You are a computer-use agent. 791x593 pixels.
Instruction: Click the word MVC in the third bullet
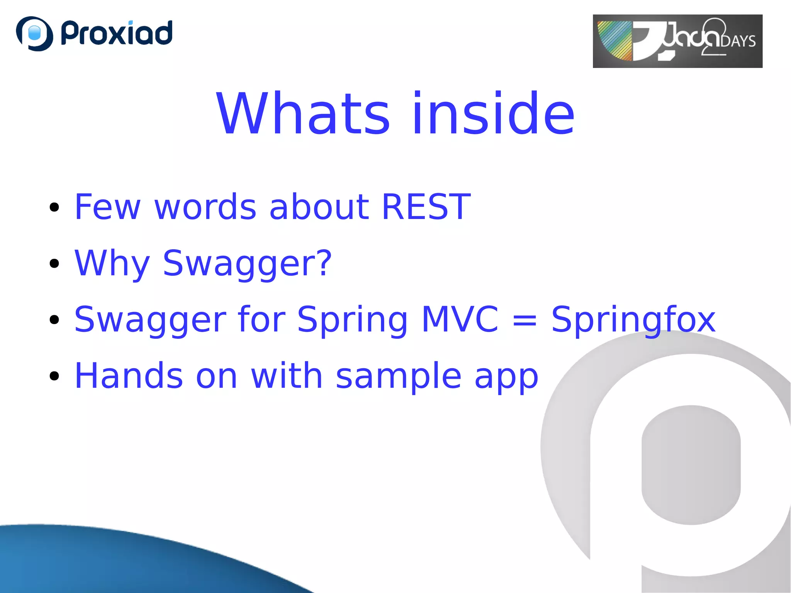pos(460,319)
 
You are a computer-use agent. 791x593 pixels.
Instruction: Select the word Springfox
pos(633,320)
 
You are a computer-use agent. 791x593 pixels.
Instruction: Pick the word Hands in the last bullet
pos(129,376)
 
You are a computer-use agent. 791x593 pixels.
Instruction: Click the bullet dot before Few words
pos(54,207)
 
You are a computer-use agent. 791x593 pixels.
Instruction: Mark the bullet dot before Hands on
pos(54,376)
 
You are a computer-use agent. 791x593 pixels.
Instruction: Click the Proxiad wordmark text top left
pos(117,33)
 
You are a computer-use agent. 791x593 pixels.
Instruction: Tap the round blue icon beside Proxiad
pos(34,34)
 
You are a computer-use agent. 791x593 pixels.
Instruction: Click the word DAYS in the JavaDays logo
pos(738,41)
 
